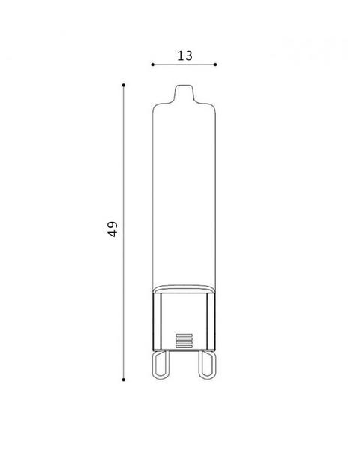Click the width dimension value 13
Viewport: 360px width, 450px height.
click(185, 55)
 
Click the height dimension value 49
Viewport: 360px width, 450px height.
click(112, 229)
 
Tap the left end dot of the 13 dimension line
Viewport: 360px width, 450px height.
click(153, 64)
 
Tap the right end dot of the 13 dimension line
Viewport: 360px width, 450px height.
click(215, 64)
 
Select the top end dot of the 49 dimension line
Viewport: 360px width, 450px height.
click(124, 85)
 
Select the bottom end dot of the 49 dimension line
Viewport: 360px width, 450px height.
click(124, 379)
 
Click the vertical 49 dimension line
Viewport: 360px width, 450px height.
click(124, 232)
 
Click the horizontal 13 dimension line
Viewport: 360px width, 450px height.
click(184, 64)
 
